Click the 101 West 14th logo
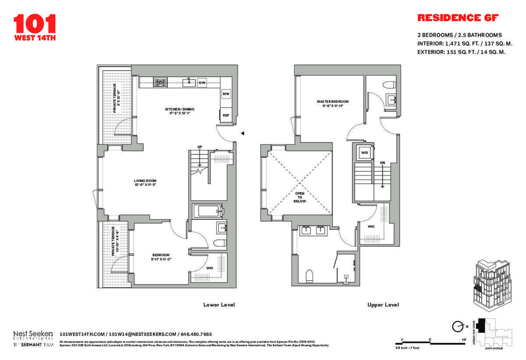35,27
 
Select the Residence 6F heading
458,18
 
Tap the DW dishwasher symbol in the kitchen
202,82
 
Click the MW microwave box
226,94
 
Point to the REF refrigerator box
226,115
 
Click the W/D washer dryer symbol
364,153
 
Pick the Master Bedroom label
333,104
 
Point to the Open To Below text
300,197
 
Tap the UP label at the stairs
199,146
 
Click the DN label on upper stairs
382,163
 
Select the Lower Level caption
219,305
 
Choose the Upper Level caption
383,305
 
